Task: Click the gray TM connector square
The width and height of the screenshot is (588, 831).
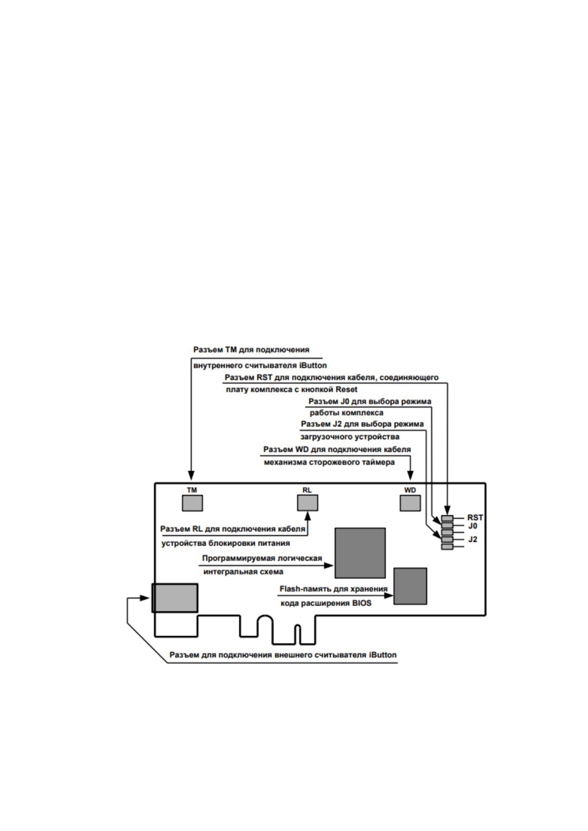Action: point(192,503)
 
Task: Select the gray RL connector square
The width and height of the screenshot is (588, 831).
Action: point(308,503)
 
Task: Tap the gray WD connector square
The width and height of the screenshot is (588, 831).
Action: point(410,503)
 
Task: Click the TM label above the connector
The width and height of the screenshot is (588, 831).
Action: point(192,490)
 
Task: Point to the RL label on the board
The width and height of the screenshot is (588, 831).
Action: point(307,490)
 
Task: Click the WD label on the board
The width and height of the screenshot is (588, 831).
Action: point(410,490)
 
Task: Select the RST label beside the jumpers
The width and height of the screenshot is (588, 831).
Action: point(475,517)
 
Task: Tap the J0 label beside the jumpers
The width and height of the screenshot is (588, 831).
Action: point(472,526)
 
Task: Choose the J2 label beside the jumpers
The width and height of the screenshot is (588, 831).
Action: point(472,539)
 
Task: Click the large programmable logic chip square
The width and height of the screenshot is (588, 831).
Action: point(360,553)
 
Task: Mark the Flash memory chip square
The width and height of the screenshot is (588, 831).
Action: point(410,586)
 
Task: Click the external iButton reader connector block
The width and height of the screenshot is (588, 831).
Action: point(175,598)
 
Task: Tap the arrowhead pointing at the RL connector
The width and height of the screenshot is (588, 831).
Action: point(308,516)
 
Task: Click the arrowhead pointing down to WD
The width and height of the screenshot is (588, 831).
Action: point(411,475)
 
